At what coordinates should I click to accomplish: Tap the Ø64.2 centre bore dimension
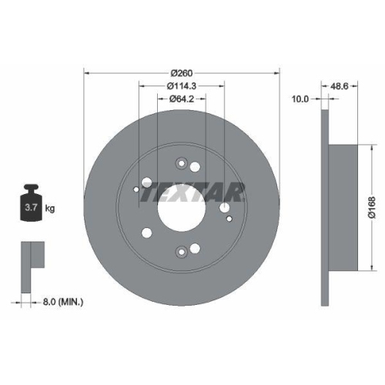pos(182,99)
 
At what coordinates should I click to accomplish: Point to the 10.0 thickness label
pos(300,99)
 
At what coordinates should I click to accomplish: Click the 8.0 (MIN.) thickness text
pos(62,303)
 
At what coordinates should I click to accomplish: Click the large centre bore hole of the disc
pos(182,206)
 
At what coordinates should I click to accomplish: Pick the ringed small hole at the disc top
pos(182,162)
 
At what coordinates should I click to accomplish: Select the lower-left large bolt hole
pos(146,233)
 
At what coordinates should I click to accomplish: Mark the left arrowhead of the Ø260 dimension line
pos(86,74)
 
